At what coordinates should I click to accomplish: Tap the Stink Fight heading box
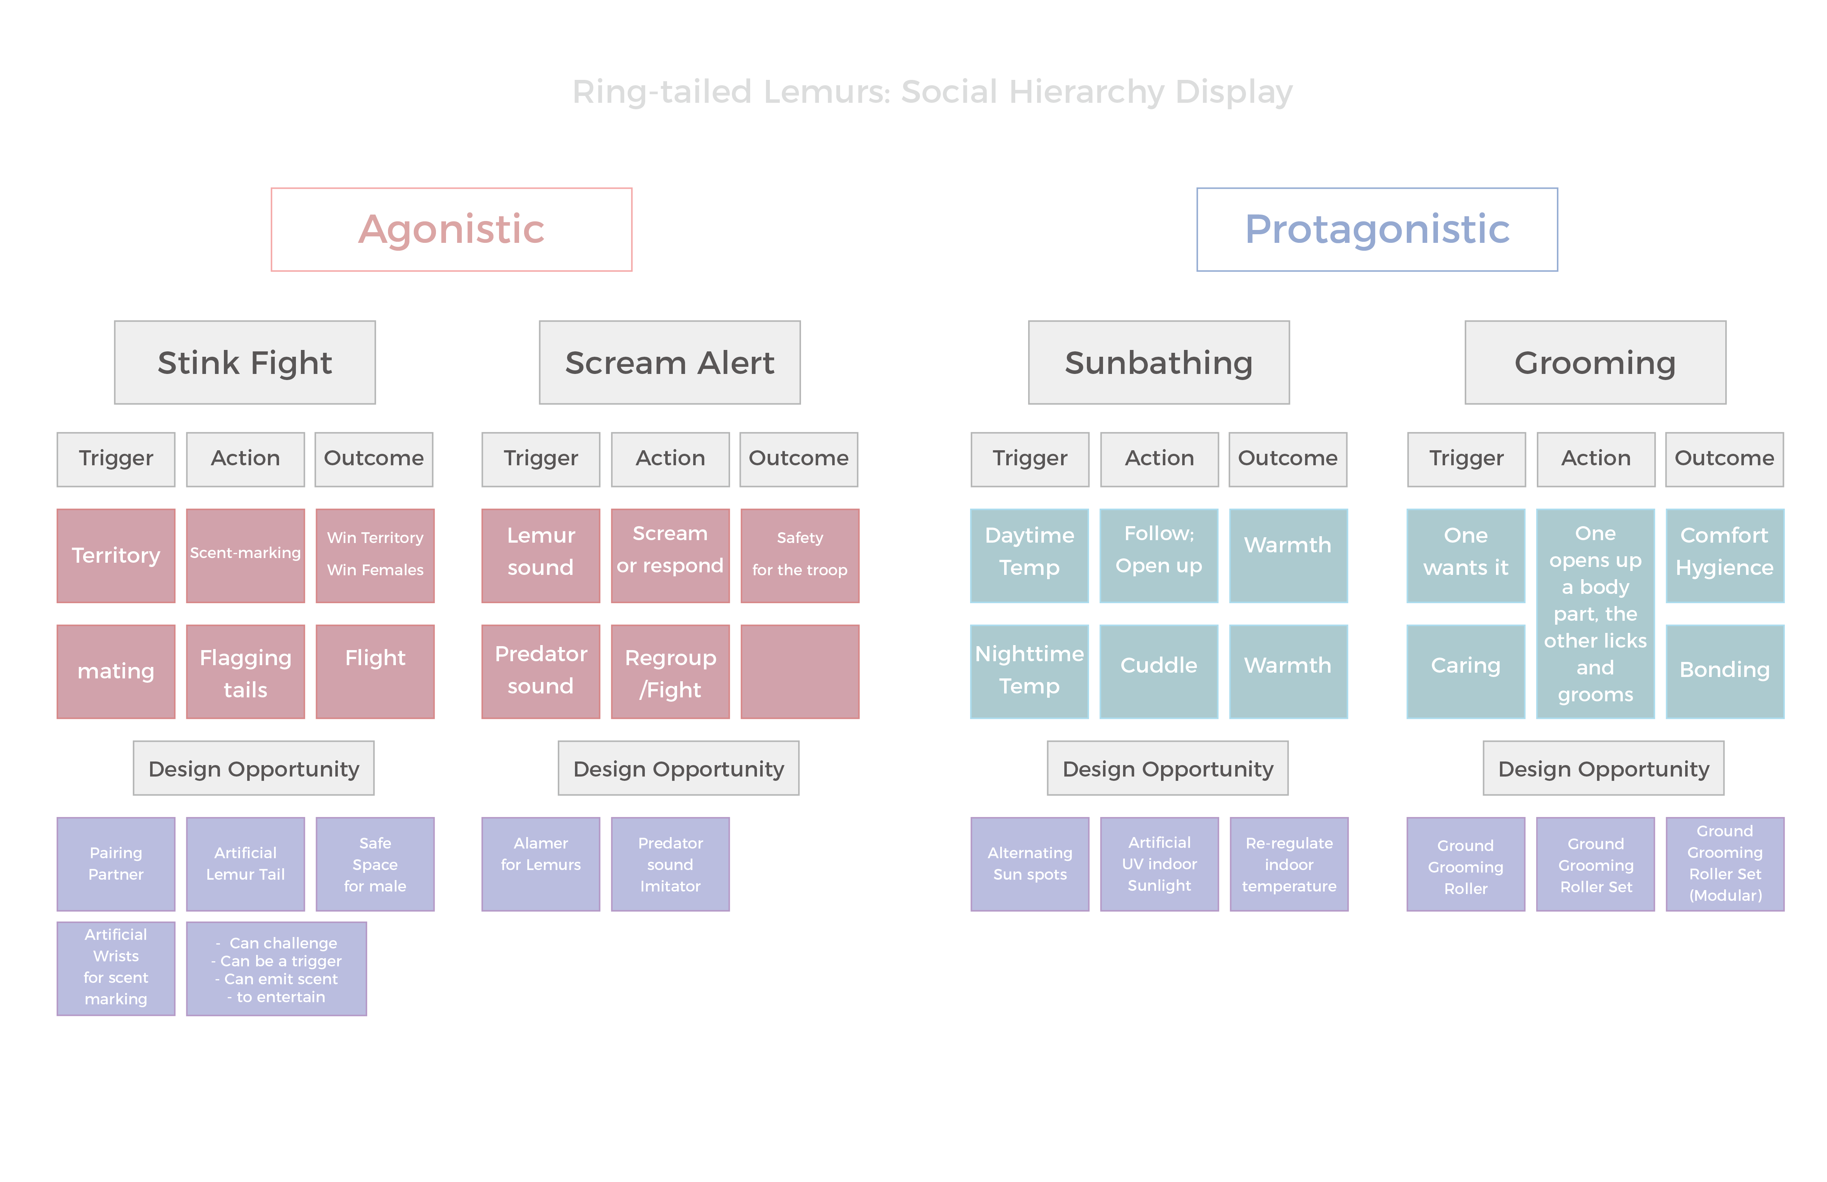point(245,362)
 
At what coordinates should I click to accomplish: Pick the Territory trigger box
point(116,556)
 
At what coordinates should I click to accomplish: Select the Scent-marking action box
point(246,556)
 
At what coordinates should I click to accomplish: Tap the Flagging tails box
point(246,672)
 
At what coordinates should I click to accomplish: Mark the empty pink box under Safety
point(800,672)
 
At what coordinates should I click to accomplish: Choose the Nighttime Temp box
point(1030,672)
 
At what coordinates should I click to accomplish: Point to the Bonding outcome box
point(1725,672)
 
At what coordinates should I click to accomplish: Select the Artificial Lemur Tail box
point(246,864)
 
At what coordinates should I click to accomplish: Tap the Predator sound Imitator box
point(670,864)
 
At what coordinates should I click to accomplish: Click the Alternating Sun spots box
point(1030,864)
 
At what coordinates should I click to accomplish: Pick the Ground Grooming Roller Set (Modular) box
point(1725,864)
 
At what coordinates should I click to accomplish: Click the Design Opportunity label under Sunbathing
point(1167,768)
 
